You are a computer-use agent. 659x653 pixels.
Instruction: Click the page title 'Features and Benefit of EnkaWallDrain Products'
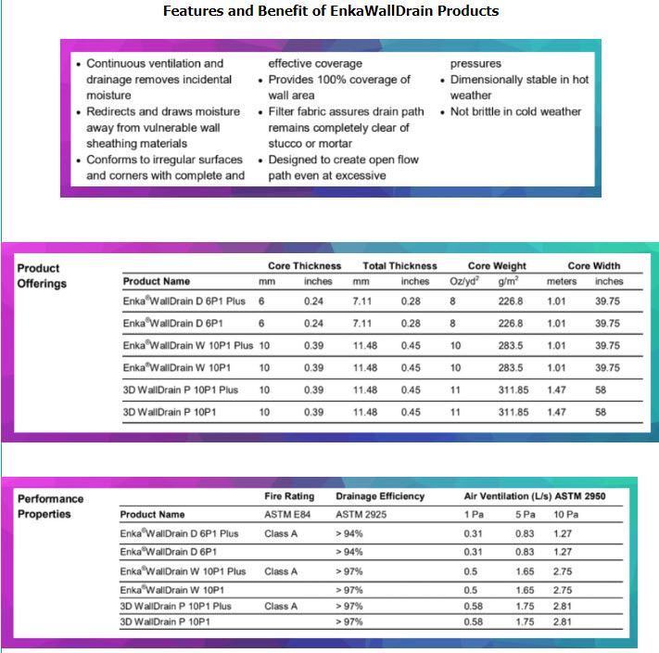pyautogui.click(x=331, y=11)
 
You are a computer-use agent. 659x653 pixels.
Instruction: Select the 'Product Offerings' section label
pyautogui.click(x=43, y=275)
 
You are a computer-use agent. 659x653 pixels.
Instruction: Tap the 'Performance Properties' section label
pyautogui.click(x=51, y=506)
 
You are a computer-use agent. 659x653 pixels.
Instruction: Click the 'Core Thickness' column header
pyautogui.click(x=298, y=266)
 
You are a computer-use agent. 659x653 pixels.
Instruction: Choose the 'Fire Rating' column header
pyautogui.click(x=289, y=496)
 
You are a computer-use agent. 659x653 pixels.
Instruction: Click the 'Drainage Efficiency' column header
pyautogui.click(x=379, y=496)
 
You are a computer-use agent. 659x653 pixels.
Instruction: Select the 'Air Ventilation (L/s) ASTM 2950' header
pyautogui.click(x=535, y=496)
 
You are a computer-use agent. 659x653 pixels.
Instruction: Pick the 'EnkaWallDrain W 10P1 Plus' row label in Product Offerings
pyautogui.click(x=187, y=345)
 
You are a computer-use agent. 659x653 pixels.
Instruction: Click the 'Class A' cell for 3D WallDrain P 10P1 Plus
pyautogui.click(x=281, y=606)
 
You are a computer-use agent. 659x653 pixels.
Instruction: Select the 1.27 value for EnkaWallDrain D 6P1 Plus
pyautogui.click(x=563, y=533)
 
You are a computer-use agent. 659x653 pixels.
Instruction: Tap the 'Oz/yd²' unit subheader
pyautogui.click(x=463, y=281)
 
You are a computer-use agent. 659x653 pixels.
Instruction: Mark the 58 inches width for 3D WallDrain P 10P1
pyautogui.click(x=601, y=412)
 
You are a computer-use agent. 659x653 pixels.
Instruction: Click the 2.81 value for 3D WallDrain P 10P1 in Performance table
pyautogui.click(x=563, y=621)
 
